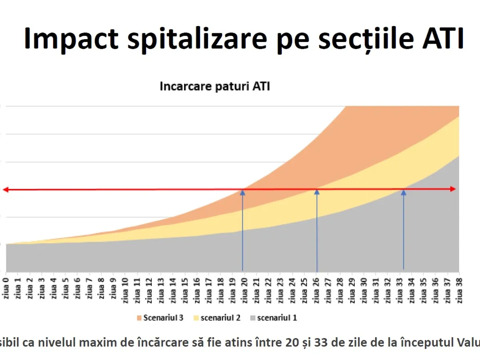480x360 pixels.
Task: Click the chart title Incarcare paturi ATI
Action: coord(215,86)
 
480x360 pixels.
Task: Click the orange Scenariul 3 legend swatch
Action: coord(139,318)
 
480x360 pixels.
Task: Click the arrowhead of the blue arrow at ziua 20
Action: coord(242,192)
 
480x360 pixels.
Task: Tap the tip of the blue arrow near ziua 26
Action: coord(317,192)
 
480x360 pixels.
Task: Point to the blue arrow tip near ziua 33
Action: coord(403,192)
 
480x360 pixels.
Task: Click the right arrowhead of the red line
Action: coord(453,189)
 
